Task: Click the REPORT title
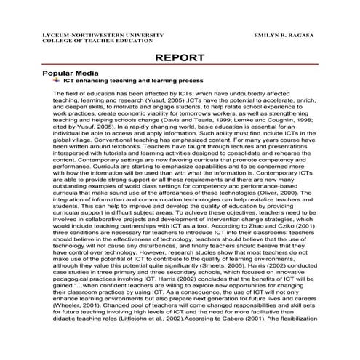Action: coord(180,58)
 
